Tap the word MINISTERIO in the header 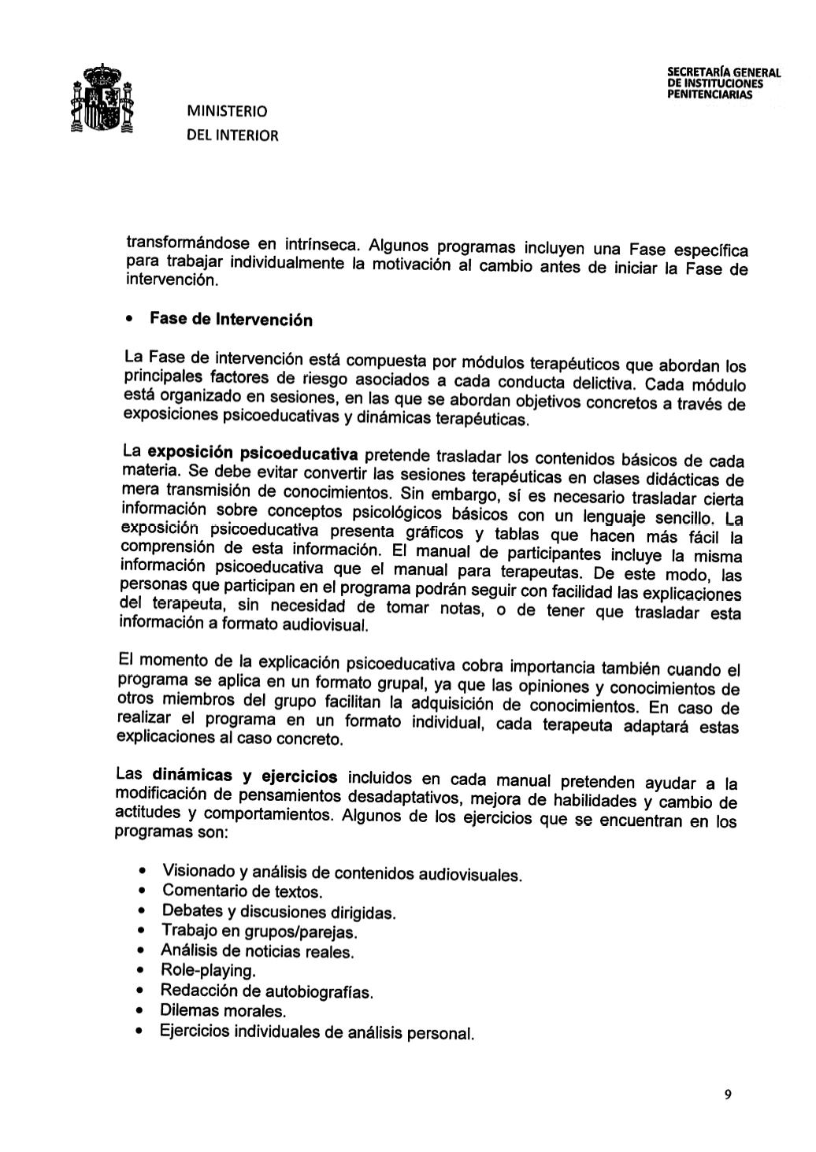tap(227, 110)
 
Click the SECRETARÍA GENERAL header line tap(723, 73)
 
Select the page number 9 tap(728, 1094)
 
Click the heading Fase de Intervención tap(220, 320)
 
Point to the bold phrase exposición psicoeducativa tap(253, 454)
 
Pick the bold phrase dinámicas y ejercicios tap(246, 776)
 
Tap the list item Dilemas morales tap(223, 1010)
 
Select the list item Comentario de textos tap(243, 891)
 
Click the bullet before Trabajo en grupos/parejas tap(141, 932)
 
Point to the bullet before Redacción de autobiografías tap(141, 991)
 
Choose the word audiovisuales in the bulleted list tap(469, 875)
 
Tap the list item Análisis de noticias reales tap(258, 951)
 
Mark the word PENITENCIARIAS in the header tap(709, 94)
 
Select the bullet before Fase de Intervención tap(128, 319)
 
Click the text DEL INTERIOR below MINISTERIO tap(232, 135)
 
